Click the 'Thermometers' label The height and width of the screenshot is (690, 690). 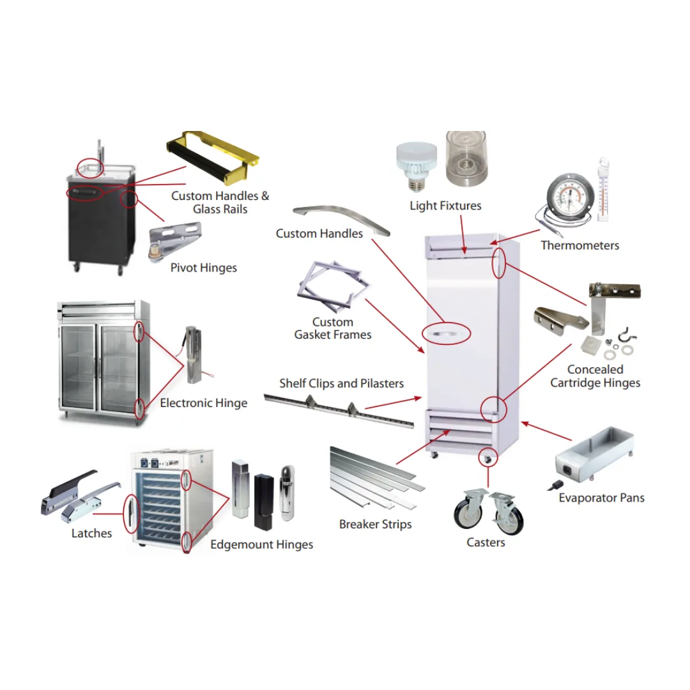point(579,245)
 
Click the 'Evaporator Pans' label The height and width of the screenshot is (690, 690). point(601,498)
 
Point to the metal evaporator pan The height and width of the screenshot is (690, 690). point(594,455)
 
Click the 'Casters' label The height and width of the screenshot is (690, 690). point(486,542)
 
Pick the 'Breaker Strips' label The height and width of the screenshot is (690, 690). point(375,525)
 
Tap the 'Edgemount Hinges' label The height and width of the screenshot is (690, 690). point(262,545)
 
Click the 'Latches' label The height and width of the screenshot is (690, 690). point(91,533)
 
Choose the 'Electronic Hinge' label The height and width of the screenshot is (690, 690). point(203,403)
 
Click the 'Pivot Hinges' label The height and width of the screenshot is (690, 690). point(203,268)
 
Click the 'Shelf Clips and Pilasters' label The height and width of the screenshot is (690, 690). point(341,383)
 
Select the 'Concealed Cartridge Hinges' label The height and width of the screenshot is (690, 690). point(595,376)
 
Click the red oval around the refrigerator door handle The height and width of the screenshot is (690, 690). point(447,333)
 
